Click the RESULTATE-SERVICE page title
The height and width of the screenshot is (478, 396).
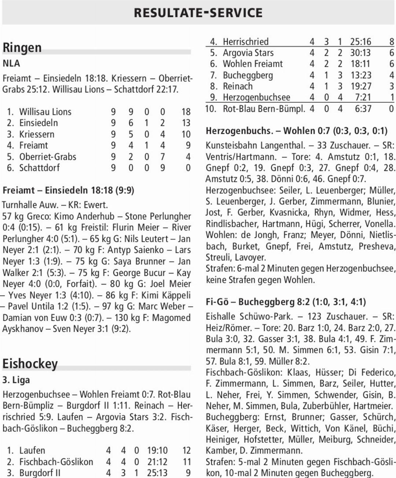(x=198, y=13)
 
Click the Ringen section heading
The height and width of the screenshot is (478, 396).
(x=22, y=48)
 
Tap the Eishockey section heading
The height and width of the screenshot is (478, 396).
(x=30, y=364)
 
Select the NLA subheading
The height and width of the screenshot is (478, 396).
(x=11, y=63)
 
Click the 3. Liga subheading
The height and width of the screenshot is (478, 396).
(x=16, y=380)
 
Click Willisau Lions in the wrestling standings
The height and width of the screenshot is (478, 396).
(x=45, y=112)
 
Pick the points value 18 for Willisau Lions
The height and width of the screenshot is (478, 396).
(x=186, y=112)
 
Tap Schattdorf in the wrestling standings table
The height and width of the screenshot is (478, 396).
(x=39, y=168)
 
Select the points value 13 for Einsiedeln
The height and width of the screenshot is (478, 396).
(x=186, y=123)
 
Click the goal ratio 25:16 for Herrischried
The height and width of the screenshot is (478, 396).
(x=360, y=41)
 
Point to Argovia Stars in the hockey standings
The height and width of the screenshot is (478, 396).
(x=248, y=53)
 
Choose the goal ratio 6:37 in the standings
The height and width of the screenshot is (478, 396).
(x=363, y=109)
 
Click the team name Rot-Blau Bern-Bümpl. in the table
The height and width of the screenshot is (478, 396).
(x=264, y=109)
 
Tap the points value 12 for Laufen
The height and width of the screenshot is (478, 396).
(x=187, y=450)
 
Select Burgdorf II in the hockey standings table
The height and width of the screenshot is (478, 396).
(x=40, y=473)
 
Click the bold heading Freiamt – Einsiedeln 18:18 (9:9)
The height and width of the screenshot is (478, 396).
(x=68, y=190)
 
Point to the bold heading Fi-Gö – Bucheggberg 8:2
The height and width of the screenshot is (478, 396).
(x=286, y=302)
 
